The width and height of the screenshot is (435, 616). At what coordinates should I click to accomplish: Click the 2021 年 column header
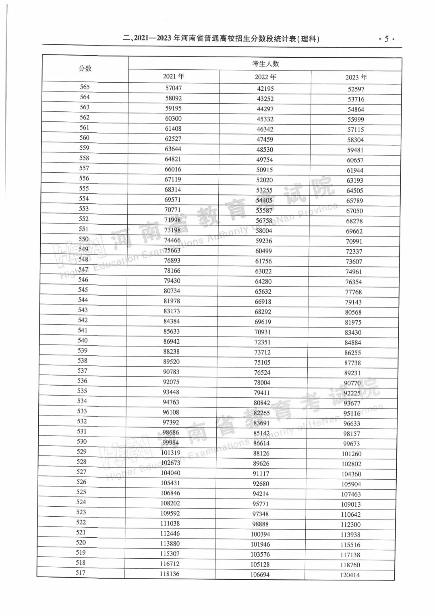point(174,76)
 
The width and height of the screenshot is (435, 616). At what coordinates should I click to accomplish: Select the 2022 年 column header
point(265,77)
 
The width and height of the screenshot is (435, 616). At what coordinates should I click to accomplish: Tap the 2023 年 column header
point(356,77)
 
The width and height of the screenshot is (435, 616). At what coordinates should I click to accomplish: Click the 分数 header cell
point(85,69)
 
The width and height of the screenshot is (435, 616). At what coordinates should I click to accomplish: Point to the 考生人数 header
point(265,64)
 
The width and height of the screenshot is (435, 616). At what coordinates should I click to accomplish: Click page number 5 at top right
point(386,39)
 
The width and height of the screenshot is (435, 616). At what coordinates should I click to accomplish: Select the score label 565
point(85,87)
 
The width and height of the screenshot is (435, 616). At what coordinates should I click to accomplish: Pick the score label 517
point(81,573)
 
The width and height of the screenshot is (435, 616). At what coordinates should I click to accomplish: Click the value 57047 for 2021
point(174,88)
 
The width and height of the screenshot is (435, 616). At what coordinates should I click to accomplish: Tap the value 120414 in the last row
point(350,575)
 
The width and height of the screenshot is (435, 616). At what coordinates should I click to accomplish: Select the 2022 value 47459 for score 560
point(265,140)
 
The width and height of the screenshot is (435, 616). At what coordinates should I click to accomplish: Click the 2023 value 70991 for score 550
point(354,242)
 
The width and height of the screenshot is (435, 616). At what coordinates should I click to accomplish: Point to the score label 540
point(83,340)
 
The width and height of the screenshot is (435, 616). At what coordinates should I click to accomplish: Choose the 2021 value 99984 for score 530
point(171,443)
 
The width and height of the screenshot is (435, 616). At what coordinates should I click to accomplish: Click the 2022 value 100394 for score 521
point(260,535)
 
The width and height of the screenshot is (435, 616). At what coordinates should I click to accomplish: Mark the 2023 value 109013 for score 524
point(351,505)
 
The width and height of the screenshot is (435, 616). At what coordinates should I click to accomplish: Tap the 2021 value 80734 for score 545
point(172,291)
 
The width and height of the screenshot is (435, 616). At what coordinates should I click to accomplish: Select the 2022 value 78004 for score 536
point(262,383)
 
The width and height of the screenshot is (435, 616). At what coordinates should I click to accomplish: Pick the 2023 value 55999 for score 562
point(356,119)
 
